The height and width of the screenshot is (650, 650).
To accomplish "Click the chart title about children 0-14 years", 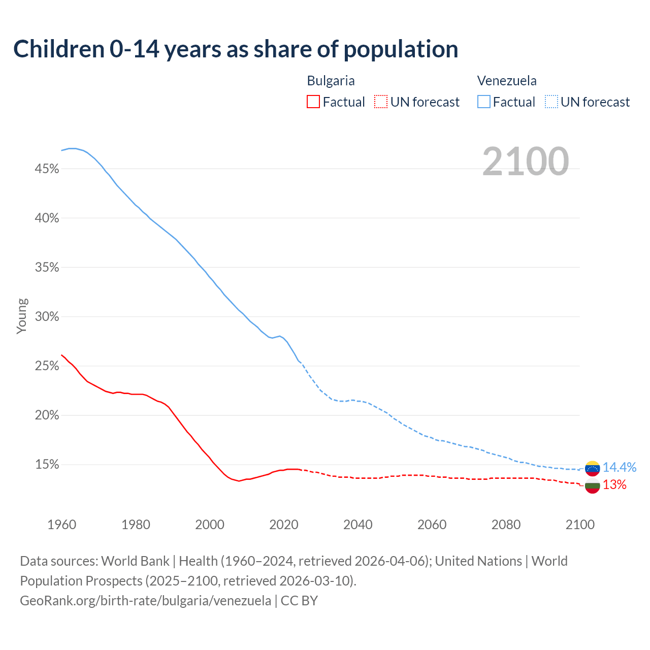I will click(236, 49).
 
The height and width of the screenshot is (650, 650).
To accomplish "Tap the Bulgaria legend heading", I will click(331, 81).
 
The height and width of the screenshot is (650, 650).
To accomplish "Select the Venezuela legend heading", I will click(507, 81).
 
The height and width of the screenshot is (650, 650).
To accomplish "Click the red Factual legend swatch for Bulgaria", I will click(313, 102).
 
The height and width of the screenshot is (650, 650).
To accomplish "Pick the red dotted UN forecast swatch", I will click(381, 102).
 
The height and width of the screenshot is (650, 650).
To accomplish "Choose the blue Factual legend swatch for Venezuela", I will click(484, 102).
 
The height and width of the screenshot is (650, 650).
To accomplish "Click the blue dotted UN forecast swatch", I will click(551, 102).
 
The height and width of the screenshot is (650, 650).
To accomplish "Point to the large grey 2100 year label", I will click(526, 161).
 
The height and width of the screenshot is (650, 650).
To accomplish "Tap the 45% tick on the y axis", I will click(47, 169).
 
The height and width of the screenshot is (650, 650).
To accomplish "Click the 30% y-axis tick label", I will click(47, 317).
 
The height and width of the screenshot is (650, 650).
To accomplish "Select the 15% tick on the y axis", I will click(47, 465).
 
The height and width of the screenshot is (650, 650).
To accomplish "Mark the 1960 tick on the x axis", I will click(61, 525).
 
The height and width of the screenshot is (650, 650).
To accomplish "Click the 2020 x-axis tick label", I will click(283, 525).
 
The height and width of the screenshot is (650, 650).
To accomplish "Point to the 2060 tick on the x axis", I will click(432, 525).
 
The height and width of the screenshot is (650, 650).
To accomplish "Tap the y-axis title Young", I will click(22, 316).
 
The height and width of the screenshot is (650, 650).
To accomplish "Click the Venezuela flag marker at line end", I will click(592, 468).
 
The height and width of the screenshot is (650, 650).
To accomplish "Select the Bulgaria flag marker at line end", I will click(592, 485).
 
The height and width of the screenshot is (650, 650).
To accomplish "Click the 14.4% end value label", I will click(619, 467).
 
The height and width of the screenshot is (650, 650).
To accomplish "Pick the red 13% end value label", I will click(614, 485).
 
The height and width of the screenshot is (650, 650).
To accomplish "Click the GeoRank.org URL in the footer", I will click(145, 601).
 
